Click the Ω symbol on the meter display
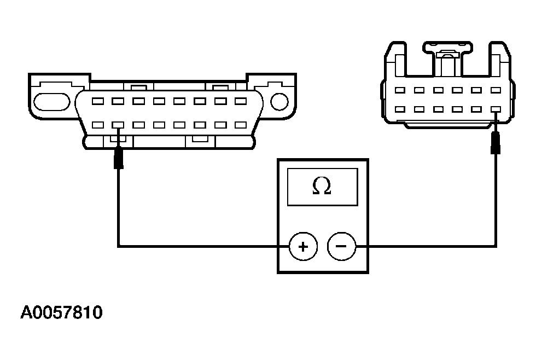click(x=322, y=187)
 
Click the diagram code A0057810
click(x=61, y=313)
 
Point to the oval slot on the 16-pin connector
click(x=52, y=101)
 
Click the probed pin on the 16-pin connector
click(x=118, y=125)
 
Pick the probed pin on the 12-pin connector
click(x=496, y=109)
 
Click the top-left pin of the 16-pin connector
click(x=98, y=101)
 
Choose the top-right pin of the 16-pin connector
click(x=240, y=101)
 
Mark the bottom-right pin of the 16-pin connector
click(x=240, y=125)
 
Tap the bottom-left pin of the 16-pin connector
click(x=98, y=125)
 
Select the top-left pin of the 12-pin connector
click(x=400, y=90)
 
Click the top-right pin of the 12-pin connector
click(x=496, y=90)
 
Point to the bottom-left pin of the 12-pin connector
click(x=400, y=109)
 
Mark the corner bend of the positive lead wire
click(x=118, y=246)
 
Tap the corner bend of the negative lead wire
click(x=497, y=246)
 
